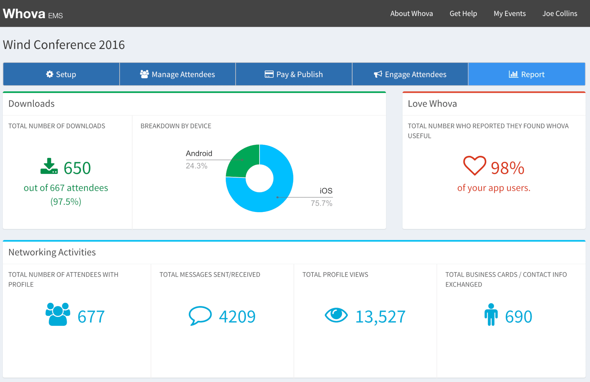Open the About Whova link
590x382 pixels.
pos(411,14)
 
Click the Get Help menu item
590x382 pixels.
pos(463,14)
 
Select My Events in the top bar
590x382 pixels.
pos(509,14)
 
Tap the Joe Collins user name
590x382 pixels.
pos(559,14)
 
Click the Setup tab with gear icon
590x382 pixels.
pos(61,74)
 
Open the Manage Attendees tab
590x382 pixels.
pos(177,74)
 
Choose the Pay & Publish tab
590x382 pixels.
pos(294,74)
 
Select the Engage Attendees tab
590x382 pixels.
pos(410,74)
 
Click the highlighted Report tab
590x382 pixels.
pos(526,74)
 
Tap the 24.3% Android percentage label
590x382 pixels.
pos(196,166)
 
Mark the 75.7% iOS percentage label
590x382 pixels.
pos(321,203)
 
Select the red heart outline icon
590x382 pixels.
pos(474,165)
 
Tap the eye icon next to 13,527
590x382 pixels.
pos(336,315)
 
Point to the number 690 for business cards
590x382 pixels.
pos(518,317)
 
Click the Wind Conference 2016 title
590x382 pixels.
pos(64,45)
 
